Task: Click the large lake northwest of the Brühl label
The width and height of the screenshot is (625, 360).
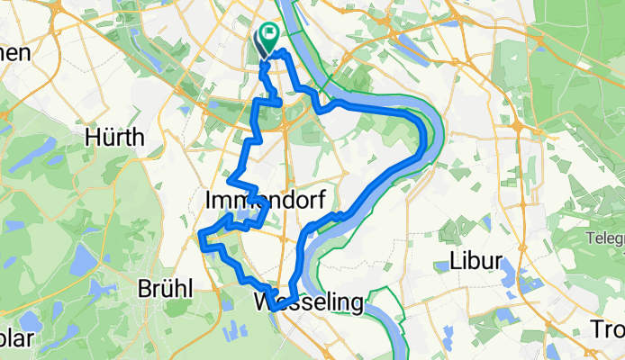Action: pos(79,262)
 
